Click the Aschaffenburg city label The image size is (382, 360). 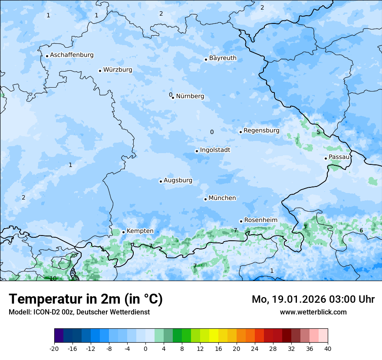coord(72,55)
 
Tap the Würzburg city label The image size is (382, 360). coord(118,70)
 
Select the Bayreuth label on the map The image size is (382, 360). coord(223,58)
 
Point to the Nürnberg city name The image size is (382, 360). coord(190,96)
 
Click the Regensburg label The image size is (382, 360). coord(261,131)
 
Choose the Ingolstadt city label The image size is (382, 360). coord(215,150)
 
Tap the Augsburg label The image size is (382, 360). coord(178,180)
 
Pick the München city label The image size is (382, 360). coord(222,198)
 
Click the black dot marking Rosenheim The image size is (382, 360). coord(241,221)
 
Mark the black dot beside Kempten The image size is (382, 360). coord(123,232)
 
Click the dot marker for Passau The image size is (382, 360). coord(326,158)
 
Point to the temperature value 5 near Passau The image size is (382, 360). coord(318,132)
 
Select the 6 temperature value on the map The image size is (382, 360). coord(361,230)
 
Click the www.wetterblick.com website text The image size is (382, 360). coord(313,312)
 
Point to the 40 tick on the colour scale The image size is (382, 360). coord(328,348)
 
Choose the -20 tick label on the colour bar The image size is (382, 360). coord(54,348)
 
